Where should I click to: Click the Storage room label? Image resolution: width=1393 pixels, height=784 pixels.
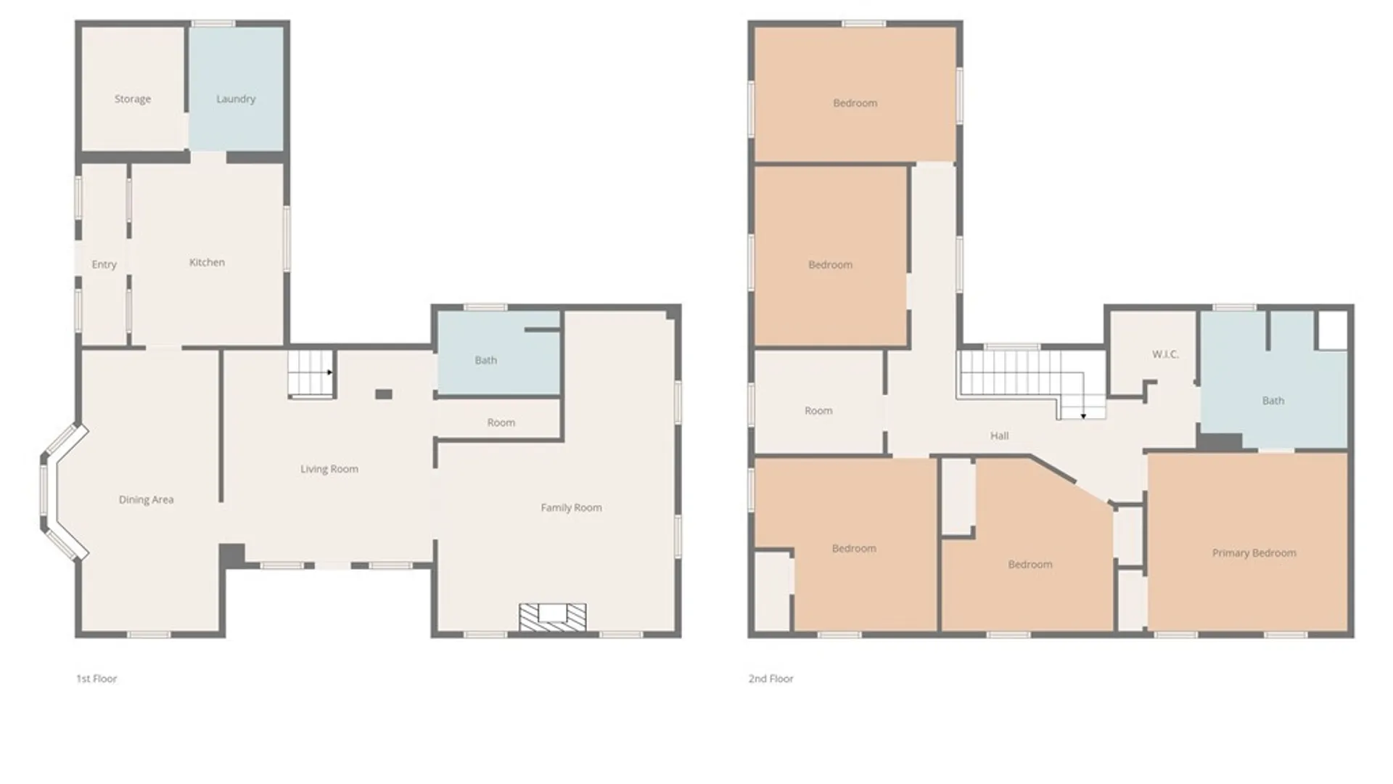(133, 99)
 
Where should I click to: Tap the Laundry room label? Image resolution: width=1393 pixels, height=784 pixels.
(236, 99)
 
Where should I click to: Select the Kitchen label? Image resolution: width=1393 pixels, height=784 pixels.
(207, 262)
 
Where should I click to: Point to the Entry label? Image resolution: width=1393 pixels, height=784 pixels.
(104, 264)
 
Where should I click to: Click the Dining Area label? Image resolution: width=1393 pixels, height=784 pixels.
(146, 499)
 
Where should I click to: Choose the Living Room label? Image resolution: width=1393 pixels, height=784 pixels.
(329, 469)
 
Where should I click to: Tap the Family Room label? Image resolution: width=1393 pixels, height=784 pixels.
(571, 507)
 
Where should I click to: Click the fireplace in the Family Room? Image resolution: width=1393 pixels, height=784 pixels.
(552, 617)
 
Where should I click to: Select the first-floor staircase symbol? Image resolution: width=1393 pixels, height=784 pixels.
(311, 375)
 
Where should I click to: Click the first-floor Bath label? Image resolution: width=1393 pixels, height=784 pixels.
(486, 360)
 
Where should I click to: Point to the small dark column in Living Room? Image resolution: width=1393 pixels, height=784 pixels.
(384, 394)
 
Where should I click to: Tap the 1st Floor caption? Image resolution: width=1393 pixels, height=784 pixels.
(96, 679)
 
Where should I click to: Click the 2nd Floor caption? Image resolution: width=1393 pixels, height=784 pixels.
(771, 679)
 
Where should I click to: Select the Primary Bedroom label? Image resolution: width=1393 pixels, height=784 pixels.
(1254, 553)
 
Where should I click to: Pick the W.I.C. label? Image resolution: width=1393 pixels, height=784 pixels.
(1165, 354)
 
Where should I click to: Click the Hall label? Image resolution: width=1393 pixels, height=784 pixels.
(999, 436)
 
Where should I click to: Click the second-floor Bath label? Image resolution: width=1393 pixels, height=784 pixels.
(1273, 401)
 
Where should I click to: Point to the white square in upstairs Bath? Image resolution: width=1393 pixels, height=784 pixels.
(1332, 331)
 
